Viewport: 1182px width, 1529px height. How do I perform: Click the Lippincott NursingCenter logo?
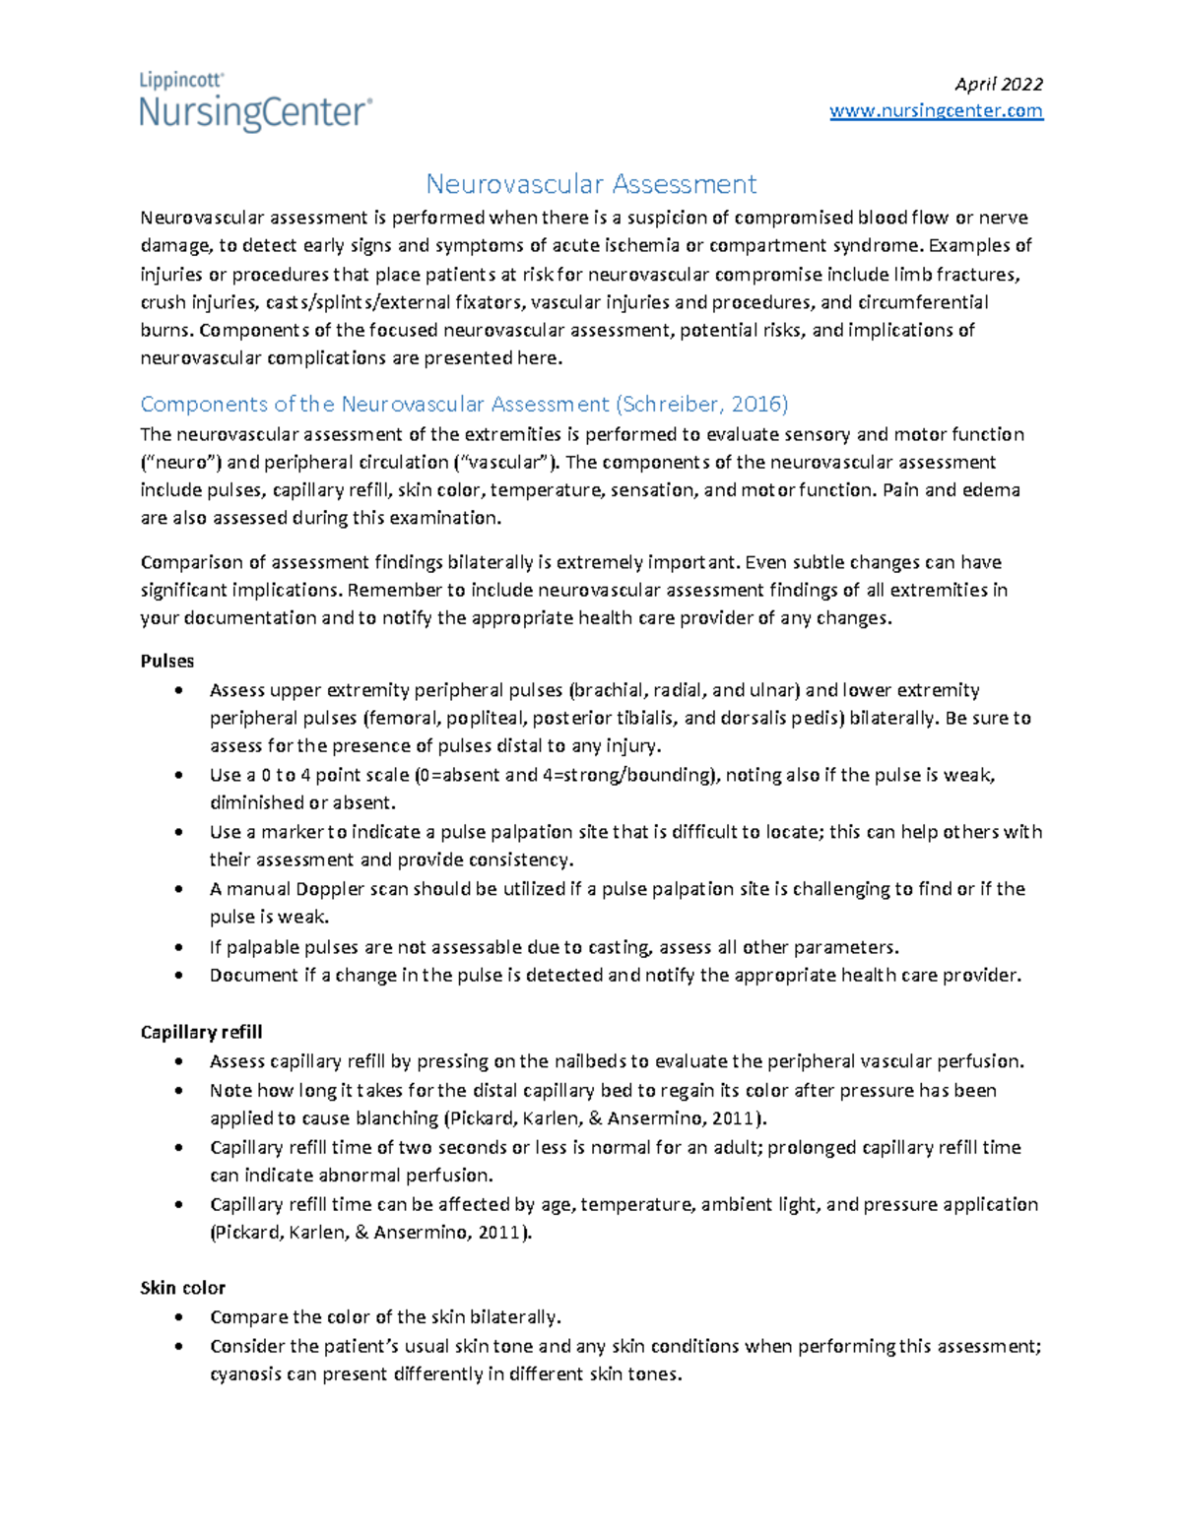pos(255,102)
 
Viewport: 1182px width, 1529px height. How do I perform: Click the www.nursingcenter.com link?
pos(936,111)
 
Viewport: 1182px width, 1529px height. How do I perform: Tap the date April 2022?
pos(999,84)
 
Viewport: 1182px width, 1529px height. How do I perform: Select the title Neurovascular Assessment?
pos(591,184)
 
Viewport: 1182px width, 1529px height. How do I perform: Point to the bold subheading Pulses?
pos(167,661)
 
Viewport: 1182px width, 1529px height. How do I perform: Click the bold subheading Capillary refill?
pos(201,1032)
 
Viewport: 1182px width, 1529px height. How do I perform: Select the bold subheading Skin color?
pos(183,1288)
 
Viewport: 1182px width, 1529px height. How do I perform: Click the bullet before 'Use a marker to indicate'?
pos(178,833)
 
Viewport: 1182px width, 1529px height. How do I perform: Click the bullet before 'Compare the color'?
pos(178,1318)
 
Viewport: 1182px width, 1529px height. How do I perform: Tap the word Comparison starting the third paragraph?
pos(191,562)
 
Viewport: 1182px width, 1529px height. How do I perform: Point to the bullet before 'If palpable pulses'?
pos(178,948)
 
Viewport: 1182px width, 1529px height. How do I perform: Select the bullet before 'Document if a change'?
pos(178,976)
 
